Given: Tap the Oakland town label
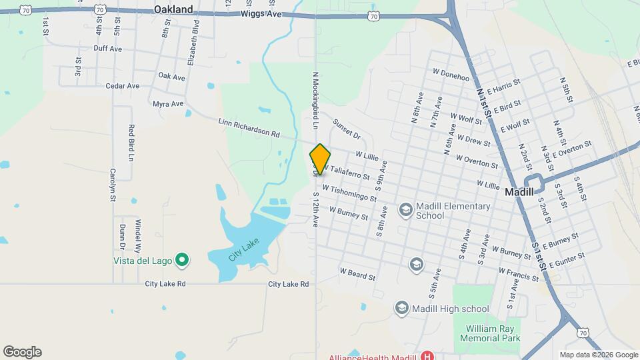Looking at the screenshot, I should point(173,9).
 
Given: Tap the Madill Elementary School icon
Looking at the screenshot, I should point(405,211).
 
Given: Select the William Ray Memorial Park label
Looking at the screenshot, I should point(493,333).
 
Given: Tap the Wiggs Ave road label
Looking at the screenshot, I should point(257,13).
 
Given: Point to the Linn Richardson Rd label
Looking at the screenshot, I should point(249,127).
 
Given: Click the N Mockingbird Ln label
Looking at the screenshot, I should point(313,101).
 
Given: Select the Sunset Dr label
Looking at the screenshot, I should point(347,130).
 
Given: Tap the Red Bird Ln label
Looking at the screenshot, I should point(131,143).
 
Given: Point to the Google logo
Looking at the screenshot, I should point(22,352).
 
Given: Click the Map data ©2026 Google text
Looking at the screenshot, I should point(598,355).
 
